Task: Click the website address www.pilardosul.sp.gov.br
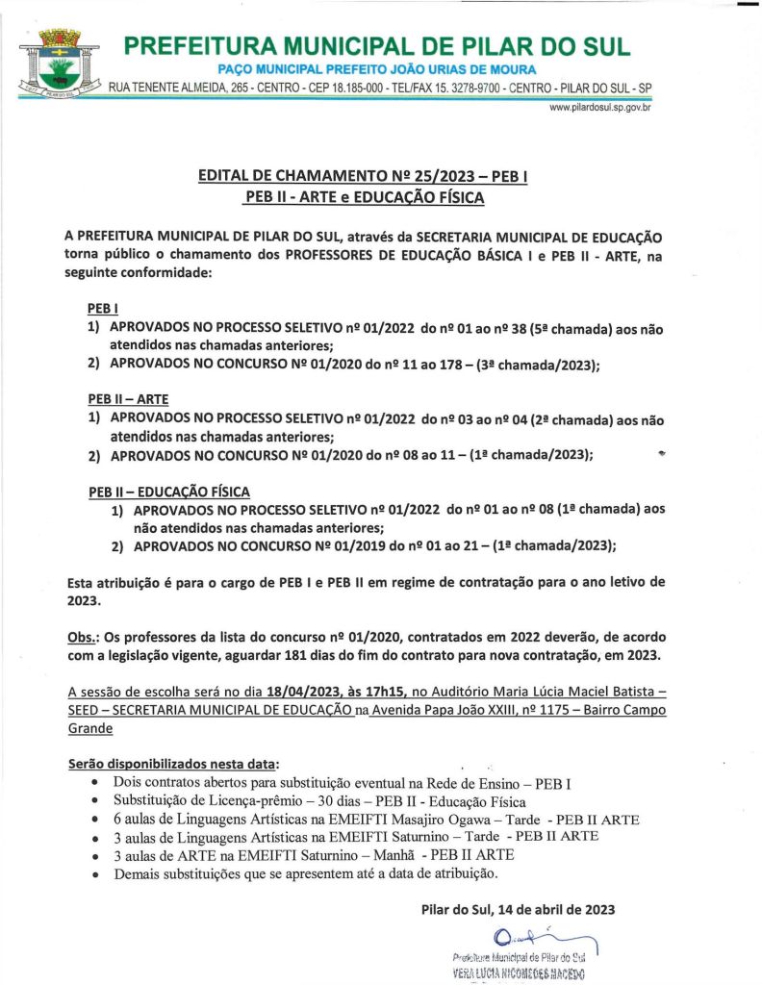click(x=601, y=108)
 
